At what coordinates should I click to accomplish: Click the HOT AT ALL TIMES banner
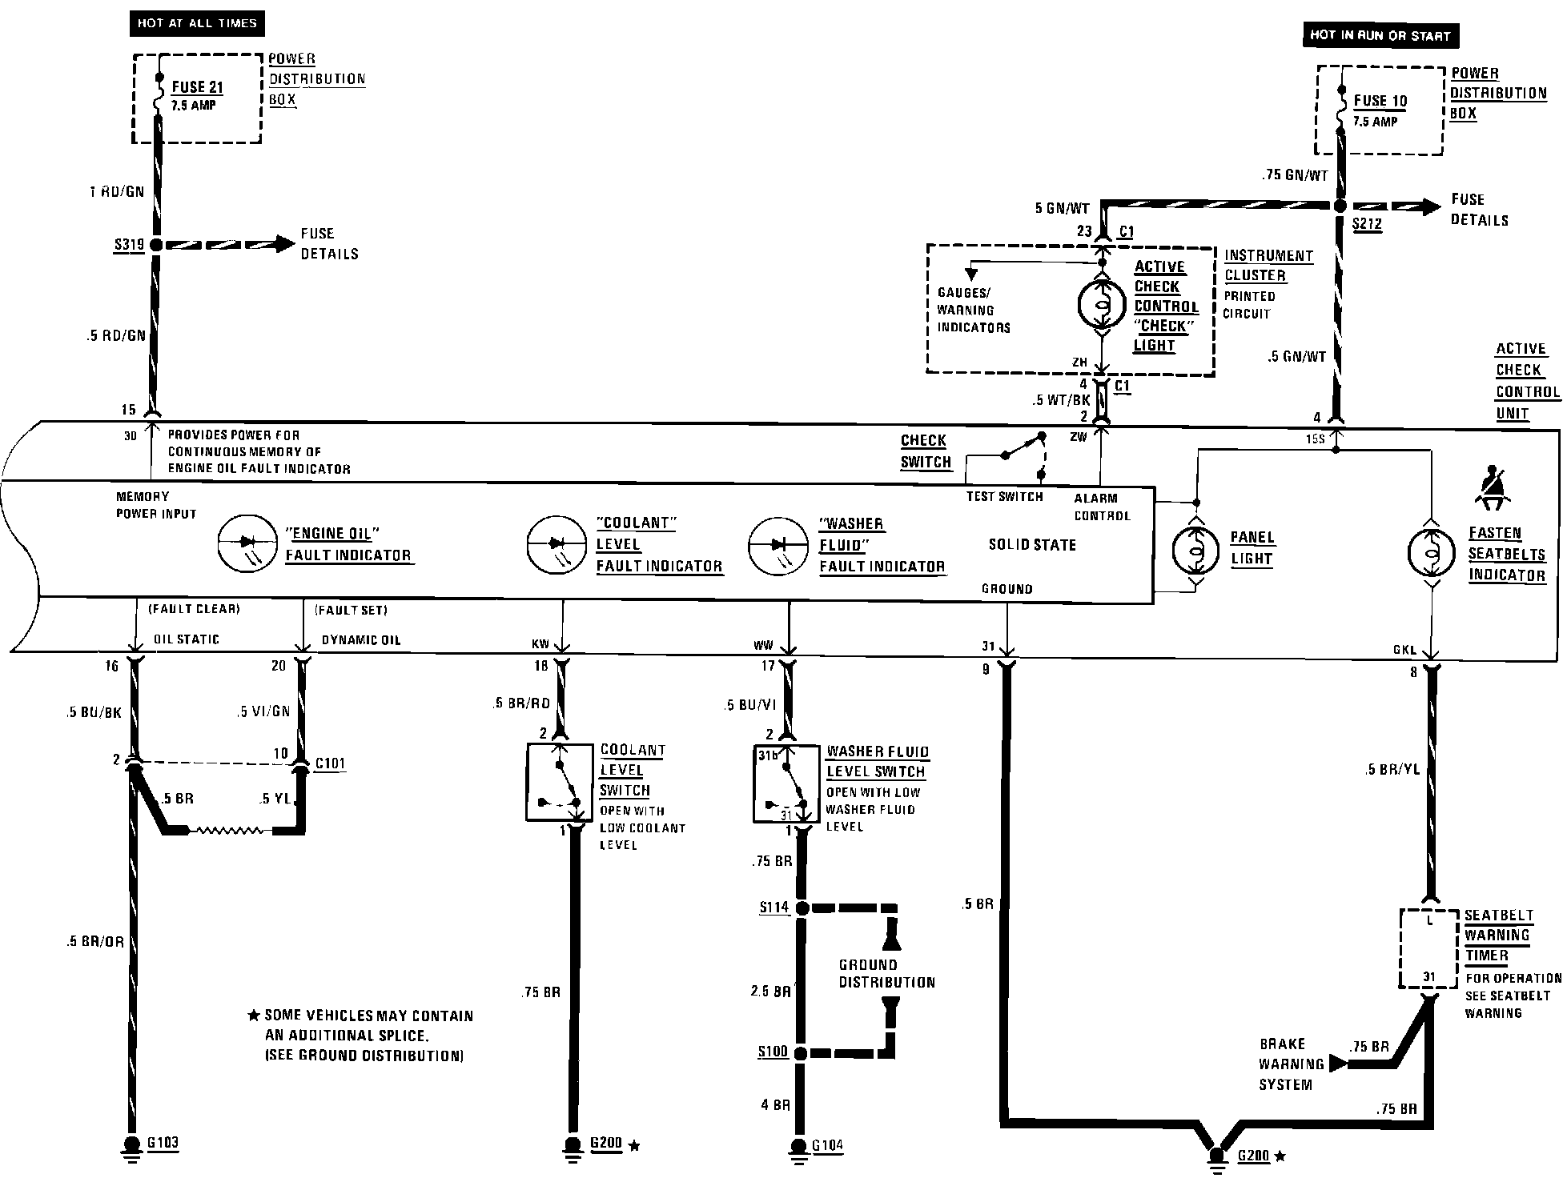197,23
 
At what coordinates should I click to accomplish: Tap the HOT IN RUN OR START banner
1380,35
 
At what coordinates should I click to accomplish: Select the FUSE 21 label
197,87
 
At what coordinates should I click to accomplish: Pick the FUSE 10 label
1380,101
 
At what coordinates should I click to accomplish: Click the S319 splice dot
155,244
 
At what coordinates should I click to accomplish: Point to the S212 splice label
1367,225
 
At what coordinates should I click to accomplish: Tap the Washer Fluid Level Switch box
787,783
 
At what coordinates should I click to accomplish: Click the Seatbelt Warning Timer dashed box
1428,949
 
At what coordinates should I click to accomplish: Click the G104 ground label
828,1146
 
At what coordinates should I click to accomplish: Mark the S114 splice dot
802,908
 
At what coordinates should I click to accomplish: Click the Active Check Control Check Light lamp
1103,304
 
